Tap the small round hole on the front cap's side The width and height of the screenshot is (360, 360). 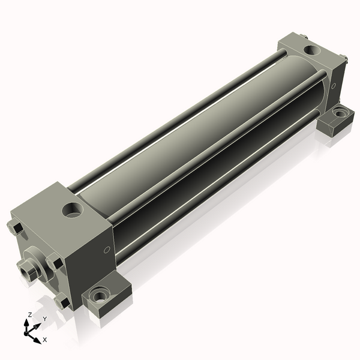click(107, 250)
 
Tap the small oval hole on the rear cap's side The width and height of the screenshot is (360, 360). click(334, 86)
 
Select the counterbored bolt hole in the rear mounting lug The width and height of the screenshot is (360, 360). click(341, 113)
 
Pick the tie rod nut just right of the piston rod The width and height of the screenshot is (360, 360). click(55, 262)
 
